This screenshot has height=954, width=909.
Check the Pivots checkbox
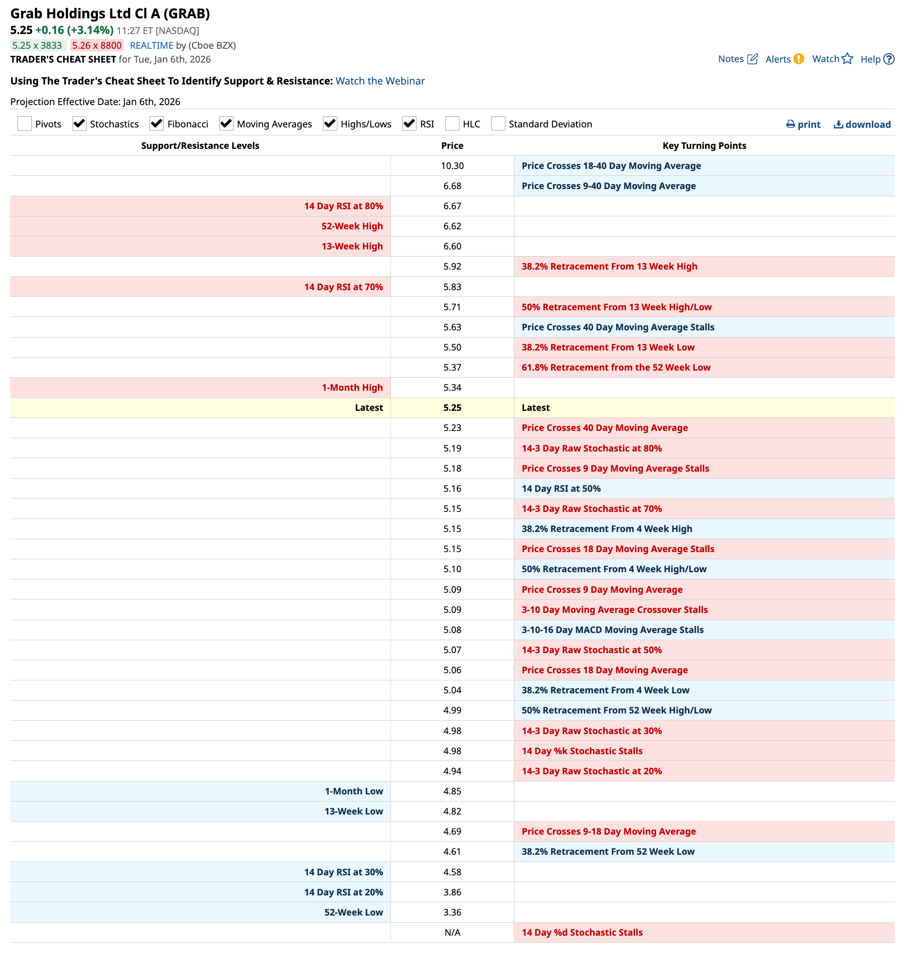tap(24, 123)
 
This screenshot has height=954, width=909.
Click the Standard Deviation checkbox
tap(497, 123)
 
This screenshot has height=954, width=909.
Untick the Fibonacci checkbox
tap(157, 123)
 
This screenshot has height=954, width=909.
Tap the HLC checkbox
tap(452, 123)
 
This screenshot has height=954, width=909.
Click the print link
tap(803, 124)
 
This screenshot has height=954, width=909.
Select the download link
tap(862, 124)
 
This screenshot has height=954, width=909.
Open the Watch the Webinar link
tap(380, 81)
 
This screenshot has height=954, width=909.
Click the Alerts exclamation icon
tap(799, 59)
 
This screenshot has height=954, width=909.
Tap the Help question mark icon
tap(889, 59)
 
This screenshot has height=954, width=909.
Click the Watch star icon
tap(847, 59)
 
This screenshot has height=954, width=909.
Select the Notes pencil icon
tap(752, 59)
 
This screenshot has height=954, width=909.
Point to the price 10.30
tap(452, 165)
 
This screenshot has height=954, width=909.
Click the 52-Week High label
tap(352, 226)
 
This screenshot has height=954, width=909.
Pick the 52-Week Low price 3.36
tap(452, 912)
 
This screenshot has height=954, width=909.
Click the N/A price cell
tap(452, 932)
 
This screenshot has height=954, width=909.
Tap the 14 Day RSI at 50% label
tap(561, 489)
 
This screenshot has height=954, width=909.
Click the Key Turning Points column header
tap(704, 146)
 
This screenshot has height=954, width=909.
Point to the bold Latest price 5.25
tap(452, 408)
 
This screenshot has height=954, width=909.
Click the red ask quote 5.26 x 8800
tap(97, 46)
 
